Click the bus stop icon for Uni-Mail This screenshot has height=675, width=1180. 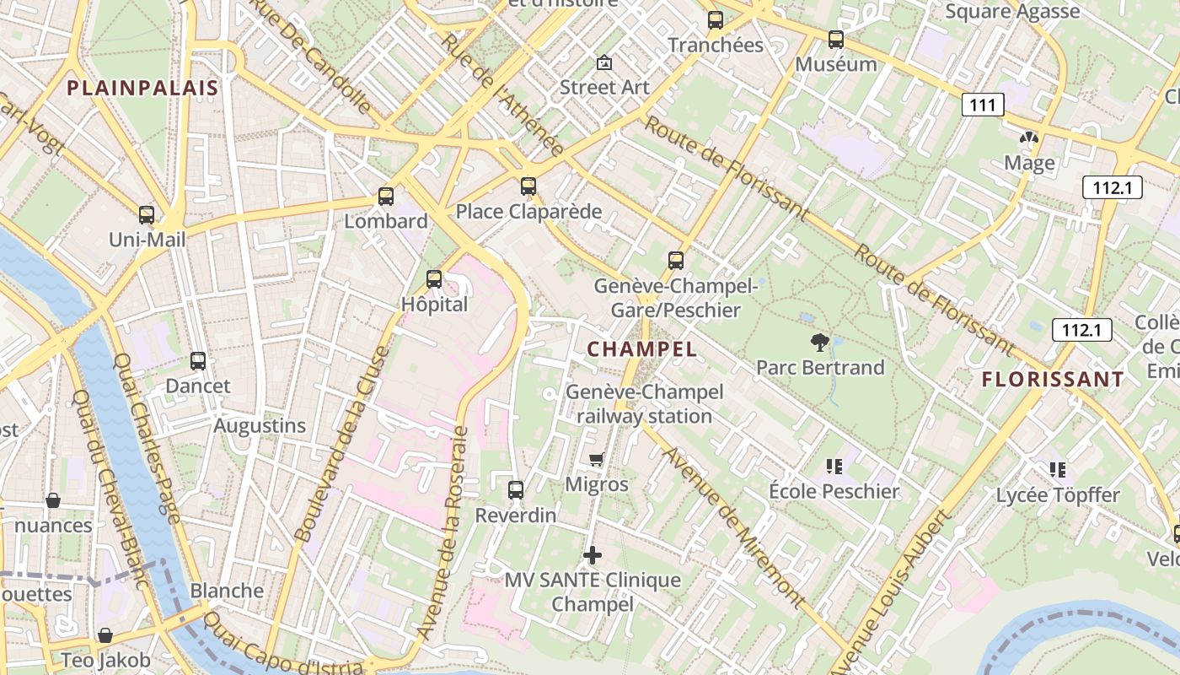tap(147, 215)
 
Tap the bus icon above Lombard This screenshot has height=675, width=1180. tap(386, 197)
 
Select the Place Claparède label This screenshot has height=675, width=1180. tap(528, 211)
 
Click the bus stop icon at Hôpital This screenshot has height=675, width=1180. tap(434, 279)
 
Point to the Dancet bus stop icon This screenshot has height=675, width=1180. tap(198, 361)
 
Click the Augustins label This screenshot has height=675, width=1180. tap(260, 425)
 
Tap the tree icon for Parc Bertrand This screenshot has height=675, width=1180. tap(819, 343)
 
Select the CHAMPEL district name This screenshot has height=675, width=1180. tap(641, 349)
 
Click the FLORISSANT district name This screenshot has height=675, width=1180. tap(1053, 380)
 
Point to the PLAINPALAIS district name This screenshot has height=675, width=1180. tap(142, 88)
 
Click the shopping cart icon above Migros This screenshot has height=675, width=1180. tap(597, 460)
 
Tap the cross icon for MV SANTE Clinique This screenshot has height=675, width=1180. tap(593, 555)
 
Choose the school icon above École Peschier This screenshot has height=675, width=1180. tap(834, 467)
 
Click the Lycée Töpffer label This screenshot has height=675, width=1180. tap(1058, 495)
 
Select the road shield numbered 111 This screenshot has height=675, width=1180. tap(982, 105)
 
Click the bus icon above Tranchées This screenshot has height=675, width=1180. tap(716, 20)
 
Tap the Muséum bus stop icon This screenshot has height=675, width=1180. tap(836, 40)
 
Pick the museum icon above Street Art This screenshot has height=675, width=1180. tap(604, 62)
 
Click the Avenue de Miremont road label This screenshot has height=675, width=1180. tap(734, 528)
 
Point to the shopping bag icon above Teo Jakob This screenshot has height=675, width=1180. tap(105, 635)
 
